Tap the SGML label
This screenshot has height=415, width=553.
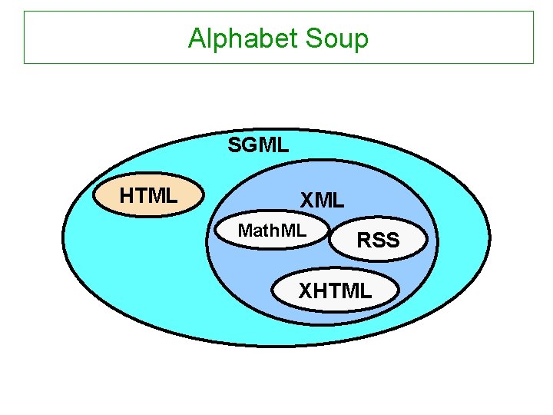pos(259,144)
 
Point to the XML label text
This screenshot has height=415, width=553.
pos(322,201)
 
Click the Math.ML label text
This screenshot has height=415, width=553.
pos(272,231)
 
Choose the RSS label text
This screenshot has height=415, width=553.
pos(378,241)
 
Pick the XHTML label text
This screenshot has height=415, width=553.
pos(335,290)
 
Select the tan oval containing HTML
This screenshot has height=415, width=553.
pos(148,197)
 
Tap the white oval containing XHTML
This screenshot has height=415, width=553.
pos(336,290)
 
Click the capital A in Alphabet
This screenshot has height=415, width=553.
pos(197,38)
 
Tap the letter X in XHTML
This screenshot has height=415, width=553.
pos(305,290)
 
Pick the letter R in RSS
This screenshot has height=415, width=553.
pos(364,241)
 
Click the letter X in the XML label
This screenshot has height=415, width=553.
pos(307,201)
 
